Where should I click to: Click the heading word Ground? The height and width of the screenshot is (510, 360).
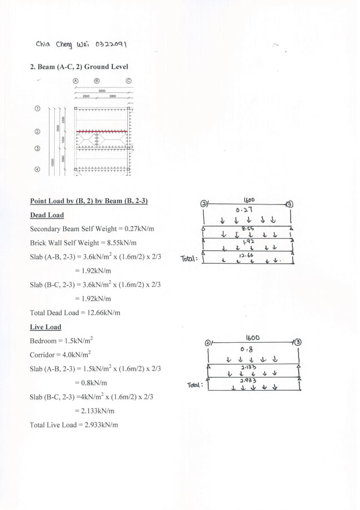pyautogui.click(x=95, y=67)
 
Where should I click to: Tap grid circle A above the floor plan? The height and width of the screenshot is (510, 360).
pyautogui.click(x=76, y=80)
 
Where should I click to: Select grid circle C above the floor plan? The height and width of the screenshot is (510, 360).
pyautogui.click(x=129, y=80)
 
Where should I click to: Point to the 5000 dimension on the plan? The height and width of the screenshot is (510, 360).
pyautogui.click(x=102, y=90)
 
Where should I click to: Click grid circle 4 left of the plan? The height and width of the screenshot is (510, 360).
pyautogui.click(x=38, y=168)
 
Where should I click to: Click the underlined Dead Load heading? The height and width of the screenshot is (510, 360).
pyautogui.click(x=46, y=215)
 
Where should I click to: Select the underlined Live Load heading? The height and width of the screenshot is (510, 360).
pyautogui.click(x=45, y=327)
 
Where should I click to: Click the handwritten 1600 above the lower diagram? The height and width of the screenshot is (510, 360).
pyautogui.click(x=251, y=338)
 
